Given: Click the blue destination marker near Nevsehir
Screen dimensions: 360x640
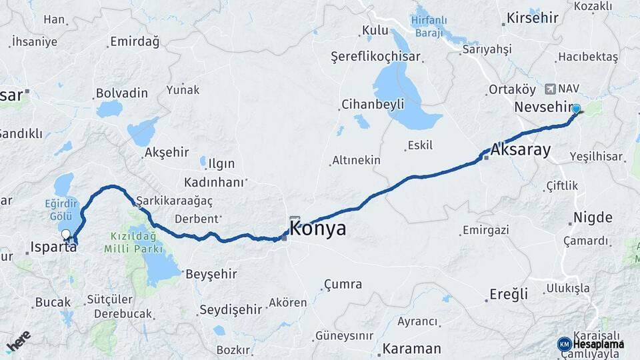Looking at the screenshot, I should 576,110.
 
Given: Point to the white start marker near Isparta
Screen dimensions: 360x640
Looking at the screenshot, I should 66,235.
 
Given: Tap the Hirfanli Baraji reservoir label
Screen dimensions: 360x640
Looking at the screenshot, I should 434,23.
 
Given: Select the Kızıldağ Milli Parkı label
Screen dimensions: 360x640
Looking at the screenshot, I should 133,243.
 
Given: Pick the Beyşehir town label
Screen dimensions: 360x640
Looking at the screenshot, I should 211,273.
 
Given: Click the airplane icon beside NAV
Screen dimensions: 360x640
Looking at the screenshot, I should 550,89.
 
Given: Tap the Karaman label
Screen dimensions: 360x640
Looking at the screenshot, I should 411,348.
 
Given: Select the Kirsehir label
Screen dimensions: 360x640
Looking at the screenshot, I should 532,17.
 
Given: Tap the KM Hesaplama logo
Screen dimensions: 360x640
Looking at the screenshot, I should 591,344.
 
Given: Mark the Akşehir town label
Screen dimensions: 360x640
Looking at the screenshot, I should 167,152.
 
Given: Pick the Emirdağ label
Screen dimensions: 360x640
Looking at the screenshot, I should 135,41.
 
